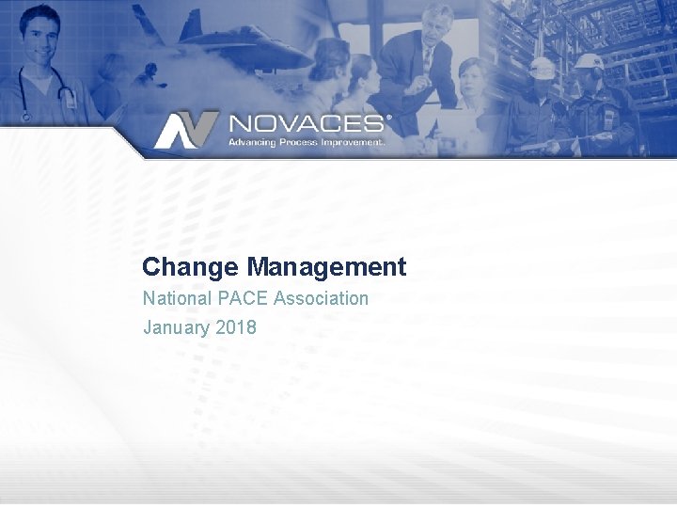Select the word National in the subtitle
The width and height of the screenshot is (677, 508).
[x=177, y=298]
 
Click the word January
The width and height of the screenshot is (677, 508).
[x=176, y=327]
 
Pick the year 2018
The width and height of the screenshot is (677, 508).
[x=235, y=327]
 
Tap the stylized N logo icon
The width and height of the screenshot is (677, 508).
[x=186, y=130]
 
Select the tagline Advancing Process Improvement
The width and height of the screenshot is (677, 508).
[x=307, y=142]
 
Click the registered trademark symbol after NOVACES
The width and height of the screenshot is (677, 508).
[x=388, y=119]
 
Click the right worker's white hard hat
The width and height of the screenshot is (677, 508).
[x=590, y=61]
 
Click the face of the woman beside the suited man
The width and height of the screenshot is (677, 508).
[x=471, y=75]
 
